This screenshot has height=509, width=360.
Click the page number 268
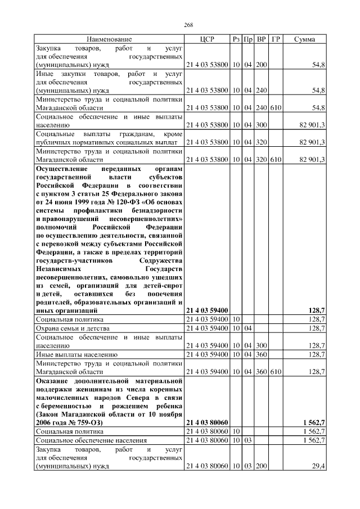[188, 25]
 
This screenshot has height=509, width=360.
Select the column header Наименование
[109, 39]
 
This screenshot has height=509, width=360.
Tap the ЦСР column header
[207, 39]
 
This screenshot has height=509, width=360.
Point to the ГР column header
[276, 39]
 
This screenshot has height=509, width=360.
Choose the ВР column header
[261, 39]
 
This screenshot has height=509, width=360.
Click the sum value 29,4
[318, 466]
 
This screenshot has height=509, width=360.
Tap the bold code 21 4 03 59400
[206, 310]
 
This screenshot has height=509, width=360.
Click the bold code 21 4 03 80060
[206, 421]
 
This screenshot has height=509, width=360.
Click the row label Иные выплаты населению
[76, 354]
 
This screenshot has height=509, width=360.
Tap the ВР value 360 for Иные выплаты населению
[261, 354]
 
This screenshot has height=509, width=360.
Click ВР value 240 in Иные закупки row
[261, 90]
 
